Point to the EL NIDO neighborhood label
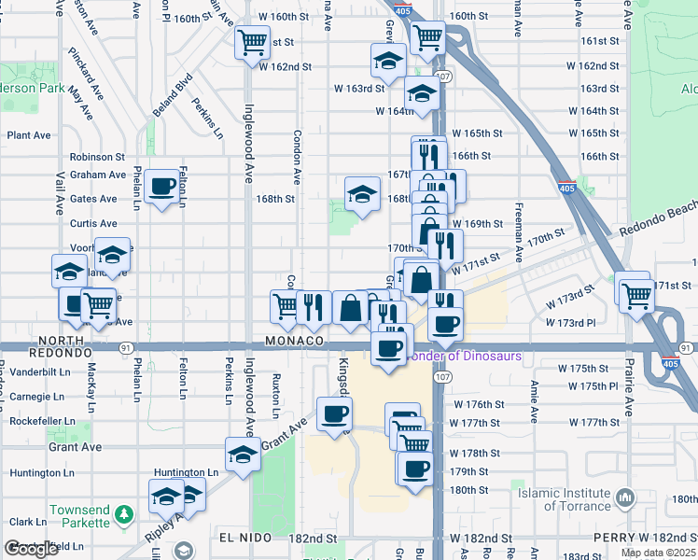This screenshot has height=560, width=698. [246, 539]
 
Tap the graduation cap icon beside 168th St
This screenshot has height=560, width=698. [362, 194]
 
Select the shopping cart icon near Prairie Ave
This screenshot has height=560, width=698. [635, 296]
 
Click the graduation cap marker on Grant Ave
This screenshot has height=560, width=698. [243, 455]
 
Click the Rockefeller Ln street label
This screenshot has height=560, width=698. [41, 421]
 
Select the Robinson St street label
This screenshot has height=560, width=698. [96, 157]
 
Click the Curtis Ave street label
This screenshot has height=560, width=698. [93, 224]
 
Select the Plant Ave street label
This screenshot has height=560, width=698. [29, 135]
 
